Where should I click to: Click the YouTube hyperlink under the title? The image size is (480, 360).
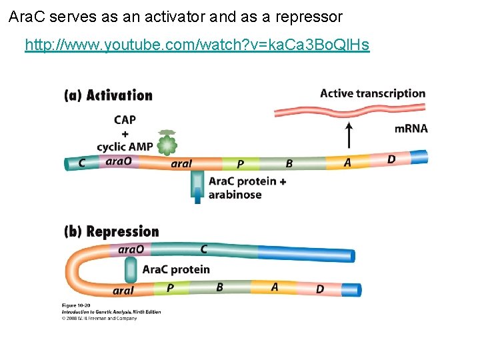click(197, 45)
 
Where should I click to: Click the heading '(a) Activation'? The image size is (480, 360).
click(108, 95)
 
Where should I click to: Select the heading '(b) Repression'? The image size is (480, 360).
click(111, 232)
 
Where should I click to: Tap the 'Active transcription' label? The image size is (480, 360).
click(373, 93)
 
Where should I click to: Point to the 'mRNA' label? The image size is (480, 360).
click(411, 129)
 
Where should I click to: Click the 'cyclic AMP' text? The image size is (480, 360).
click(125, 147)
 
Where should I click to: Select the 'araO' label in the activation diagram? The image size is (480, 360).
click(119, 161)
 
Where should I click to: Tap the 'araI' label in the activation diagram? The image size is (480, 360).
click(181, 163)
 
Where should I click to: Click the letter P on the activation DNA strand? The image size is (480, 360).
click(241, 164)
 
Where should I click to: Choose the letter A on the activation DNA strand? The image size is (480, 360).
click(347, 162)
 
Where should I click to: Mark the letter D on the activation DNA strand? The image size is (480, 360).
click(391, 159)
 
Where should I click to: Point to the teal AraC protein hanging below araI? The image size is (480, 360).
click(197, 186)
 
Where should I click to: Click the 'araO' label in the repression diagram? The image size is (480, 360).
click(131, 249)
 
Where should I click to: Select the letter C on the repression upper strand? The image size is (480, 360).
click(205, 249)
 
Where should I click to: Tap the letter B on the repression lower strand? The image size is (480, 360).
click(220, 287)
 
